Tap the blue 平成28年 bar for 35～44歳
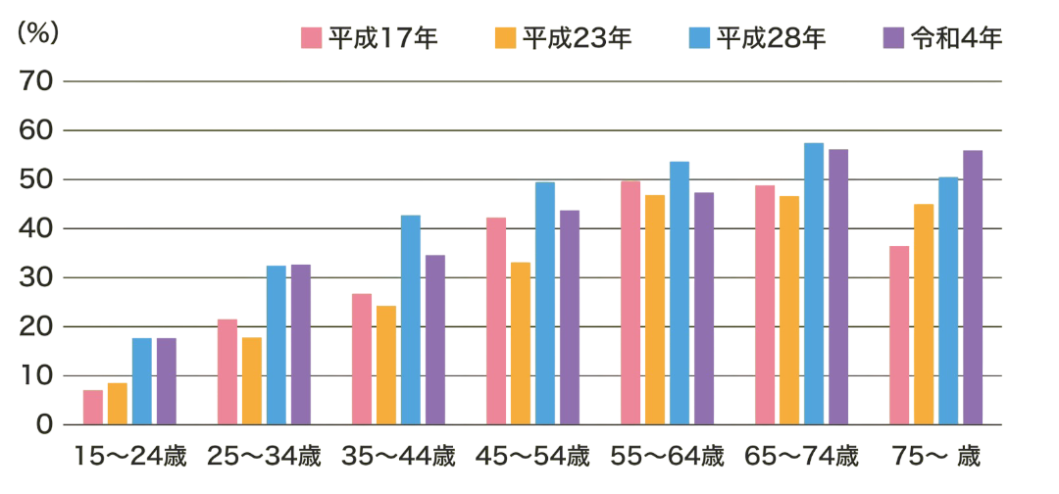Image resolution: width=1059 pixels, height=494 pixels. tap(410, 320)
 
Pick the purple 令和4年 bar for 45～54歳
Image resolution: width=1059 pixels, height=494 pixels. tap(569, 317)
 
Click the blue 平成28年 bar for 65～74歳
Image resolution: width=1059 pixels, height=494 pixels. tap(814, 283)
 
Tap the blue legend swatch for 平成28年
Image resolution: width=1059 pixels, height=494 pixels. tap(699, 38)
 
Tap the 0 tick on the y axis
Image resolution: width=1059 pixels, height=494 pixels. tap(44, 425)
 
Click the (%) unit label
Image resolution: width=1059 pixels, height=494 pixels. tap(39, 31)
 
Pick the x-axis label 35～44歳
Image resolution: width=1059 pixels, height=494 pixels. tap(397, 456)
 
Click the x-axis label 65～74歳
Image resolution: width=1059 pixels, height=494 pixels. tap(801, 456)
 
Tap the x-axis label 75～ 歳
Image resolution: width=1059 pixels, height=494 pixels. tap(936, 456)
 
